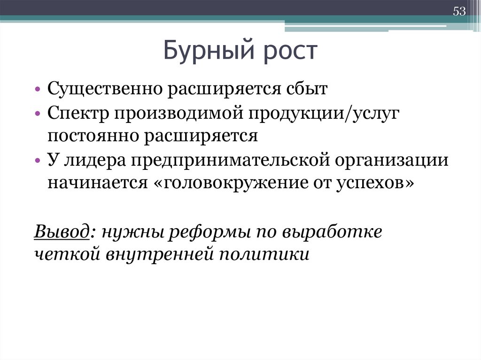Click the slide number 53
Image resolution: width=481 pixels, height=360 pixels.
click(459, 12)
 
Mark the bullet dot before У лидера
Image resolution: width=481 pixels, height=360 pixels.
click(38, 161)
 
